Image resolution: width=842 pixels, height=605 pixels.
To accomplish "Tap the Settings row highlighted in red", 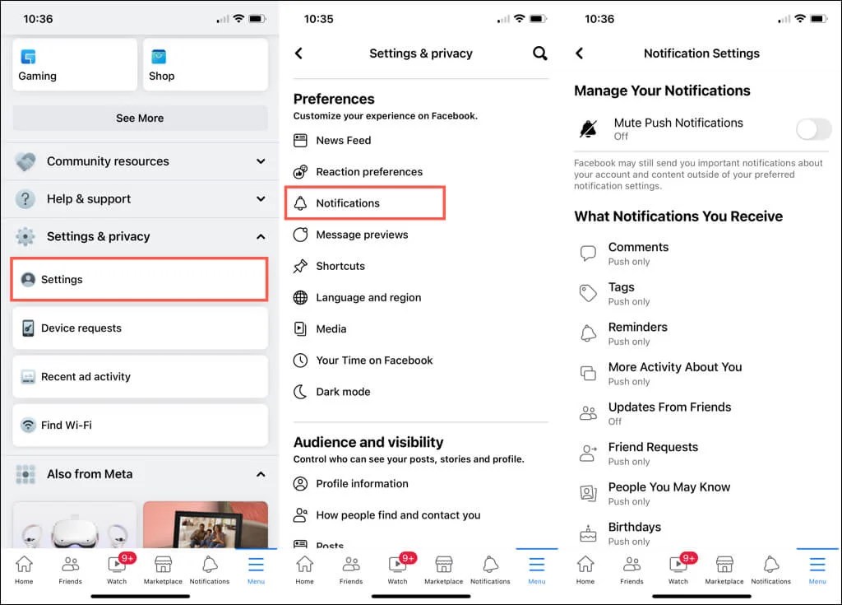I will pos(140,279).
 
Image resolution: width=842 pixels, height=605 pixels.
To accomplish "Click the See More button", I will pos(140,118).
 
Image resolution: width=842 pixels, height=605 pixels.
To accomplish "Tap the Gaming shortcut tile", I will pos(75,65).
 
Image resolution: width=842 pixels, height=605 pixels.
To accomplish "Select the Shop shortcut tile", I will pos(206,65).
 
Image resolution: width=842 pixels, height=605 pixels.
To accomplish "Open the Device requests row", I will pos(140,328).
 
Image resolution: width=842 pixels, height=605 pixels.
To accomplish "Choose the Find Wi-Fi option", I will pos(140,425).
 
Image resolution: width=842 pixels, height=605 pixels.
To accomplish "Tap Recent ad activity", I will pos(140,376).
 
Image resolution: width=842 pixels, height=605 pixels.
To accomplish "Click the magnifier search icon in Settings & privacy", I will pos(539,54).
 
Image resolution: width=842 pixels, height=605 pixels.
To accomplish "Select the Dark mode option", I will pos(343,392).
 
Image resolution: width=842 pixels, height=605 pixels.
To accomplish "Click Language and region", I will pos(368,297).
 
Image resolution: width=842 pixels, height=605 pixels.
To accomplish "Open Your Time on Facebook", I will pos(374,361).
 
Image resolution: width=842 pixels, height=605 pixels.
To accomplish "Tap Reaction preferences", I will pos(368,172).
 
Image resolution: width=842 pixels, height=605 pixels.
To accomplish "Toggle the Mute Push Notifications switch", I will pos(813,129).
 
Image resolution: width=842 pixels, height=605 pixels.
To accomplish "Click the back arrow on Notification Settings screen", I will pos(579,54).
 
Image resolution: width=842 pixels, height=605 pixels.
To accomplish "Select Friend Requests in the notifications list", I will pos(653,453).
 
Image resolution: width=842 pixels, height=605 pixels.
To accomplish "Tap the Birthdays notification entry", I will pos(634,533).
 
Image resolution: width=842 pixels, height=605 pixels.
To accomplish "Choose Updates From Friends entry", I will pos(669,412).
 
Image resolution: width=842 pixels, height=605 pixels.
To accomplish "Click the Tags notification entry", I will pos(622,293).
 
